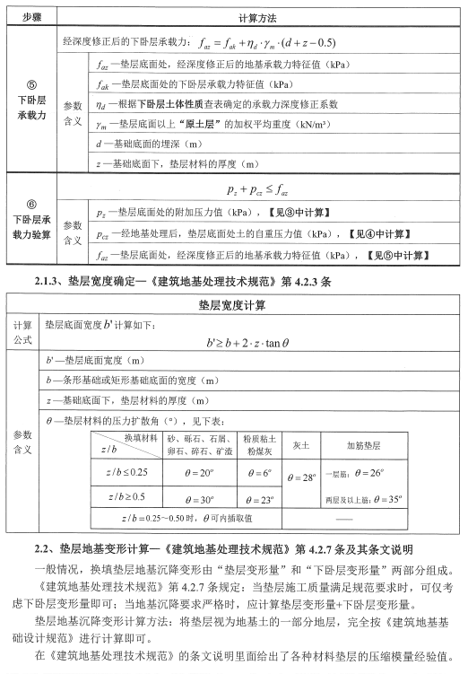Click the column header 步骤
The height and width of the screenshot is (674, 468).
tap(30, 17)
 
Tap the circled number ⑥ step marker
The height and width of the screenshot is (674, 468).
tap(30, 204)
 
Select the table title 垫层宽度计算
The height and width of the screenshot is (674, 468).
tap(238, 305)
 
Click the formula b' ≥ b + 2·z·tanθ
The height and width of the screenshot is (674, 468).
tap(260, 342)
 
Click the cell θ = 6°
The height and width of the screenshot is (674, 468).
tap(261, 473)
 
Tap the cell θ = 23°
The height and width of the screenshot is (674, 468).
tap(261, 499)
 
